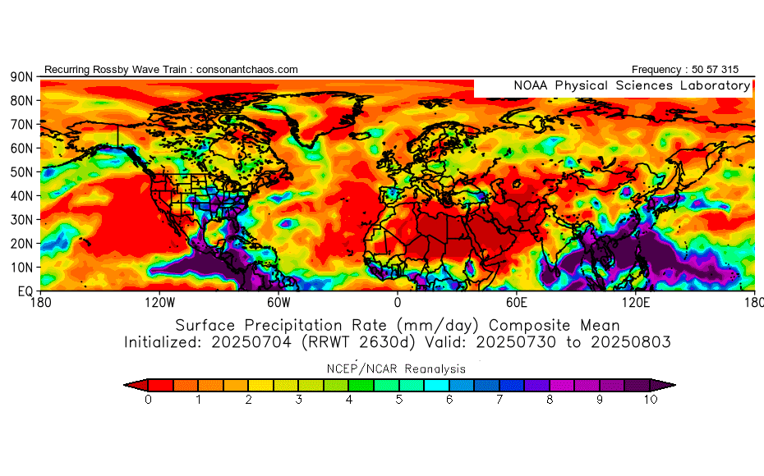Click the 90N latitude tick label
point(21,76)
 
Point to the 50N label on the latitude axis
point(21,172)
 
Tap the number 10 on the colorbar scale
point(651,400)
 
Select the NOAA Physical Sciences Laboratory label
point(632,85)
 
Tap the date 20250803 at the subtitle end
point(626,341)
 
